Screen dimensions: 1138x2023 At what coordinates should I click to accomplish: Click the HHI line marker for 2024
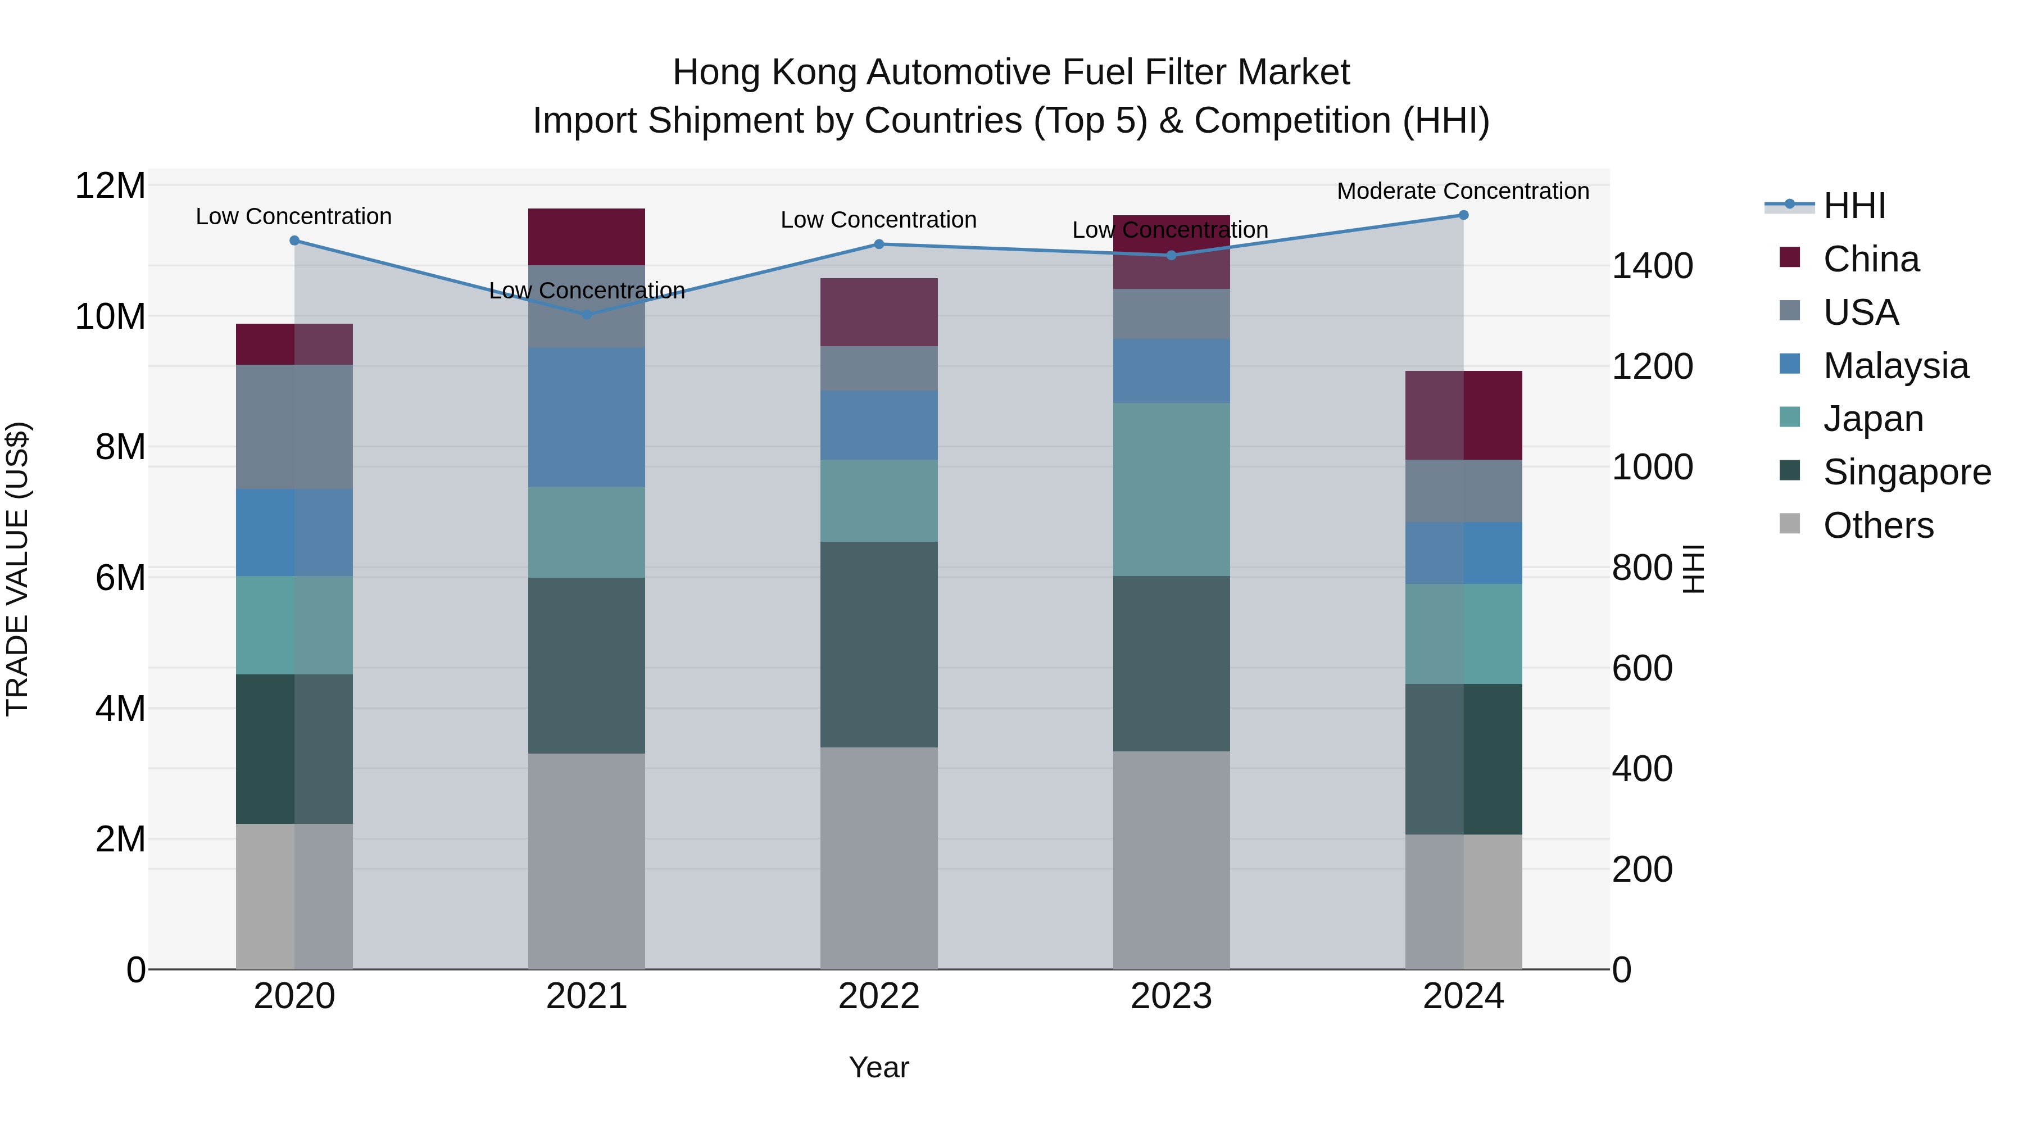pos(1463,215)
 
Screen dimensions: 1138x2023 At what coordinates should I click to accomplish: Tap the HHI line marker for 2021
pos(587,315)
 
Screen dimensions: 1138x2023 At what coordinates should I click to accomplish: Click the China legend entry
pos(1871,259)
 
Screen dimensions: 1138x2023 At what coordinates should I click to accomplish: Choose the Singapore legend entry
pos(1906,472)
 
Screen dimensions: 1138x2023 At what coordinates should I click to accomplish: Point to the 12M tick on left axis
pos(110,186)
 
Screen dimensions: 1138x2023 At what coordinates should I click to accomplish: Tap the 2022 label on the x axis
pos(879,996)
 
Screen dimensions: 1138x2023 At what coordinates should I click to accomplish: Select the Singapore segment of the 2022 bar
pos(879,644)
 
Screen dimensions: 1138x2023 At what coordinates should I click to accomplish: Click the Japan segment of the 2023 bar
pos(1171,489)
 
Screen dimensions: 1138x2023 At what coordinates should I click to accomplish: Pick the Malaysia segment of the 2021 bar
pos(587,417)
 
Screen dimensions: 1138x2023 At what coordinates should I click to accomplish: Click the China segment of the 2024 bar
pos(1463,415)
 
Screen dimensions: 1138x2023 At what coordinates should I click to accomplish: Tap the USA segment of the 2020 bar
pos(294,427)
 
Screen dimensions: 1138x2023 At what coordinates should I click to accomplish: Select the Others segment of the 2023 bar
pos(1171,860)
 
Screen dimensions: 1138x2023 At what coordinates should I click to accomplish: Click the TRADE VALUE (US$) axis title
pos(17,569)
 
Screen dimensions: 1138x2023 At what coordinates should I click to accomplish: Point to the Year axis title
pos(879,1067)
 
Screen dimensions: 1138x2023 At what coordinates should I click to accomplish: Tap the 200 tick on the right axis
pos(1641,869)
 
